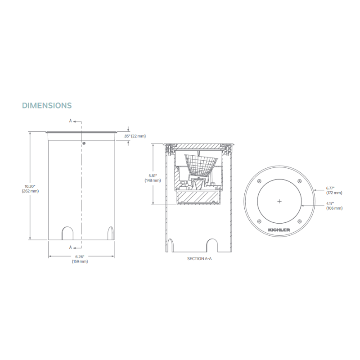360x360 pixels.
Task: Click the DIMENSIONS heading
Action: pos(47,105)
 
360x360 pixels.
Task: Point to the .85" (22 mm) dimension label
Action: pos(135,136)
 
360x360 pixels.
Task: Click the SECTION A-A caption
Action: pos(199,259)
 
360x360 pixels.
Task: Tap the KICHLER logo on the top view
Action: pos(279,230)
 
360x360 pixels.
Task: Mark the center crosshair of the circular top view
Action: pos(279,201)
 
